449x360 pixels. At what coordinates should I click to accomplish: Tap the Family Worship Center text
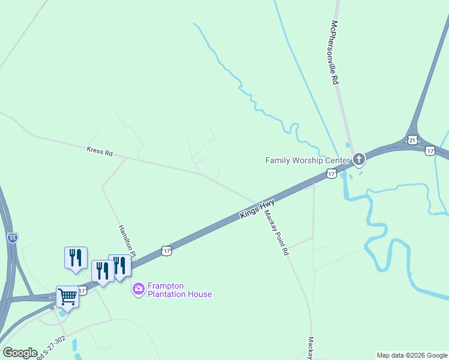[x=307, y=160]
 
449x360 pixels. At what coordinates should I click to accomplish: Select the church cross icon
[x=359, y=159]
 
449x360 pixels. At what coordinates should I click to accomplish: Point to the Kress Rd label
[x=100, y=152]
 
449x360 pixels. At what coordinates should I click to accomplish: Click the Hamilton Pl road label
[x=127, y=242]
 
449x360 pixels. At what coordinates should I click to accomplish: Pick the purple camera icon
[x=139, y=290]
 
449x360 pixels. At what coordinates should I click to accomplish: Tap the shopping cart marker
[x=67, y=296]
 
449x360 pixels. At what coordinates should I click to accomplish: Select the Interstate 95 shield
[x=13, y=238]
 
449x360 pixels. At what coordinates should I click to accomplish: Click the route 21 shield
[x=412, y=140]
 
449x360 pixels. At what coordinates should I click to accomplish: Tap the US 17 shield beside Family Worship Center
[x=331, y=173]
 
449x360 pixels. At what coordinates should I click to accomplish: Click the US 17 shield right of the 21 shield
[x=430, y=150]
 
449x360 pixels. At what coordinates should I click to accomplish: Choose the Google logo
[x=20, y=352]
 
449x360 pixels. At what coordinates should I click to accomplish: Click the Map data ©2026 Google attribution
[x=412, y=355]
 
